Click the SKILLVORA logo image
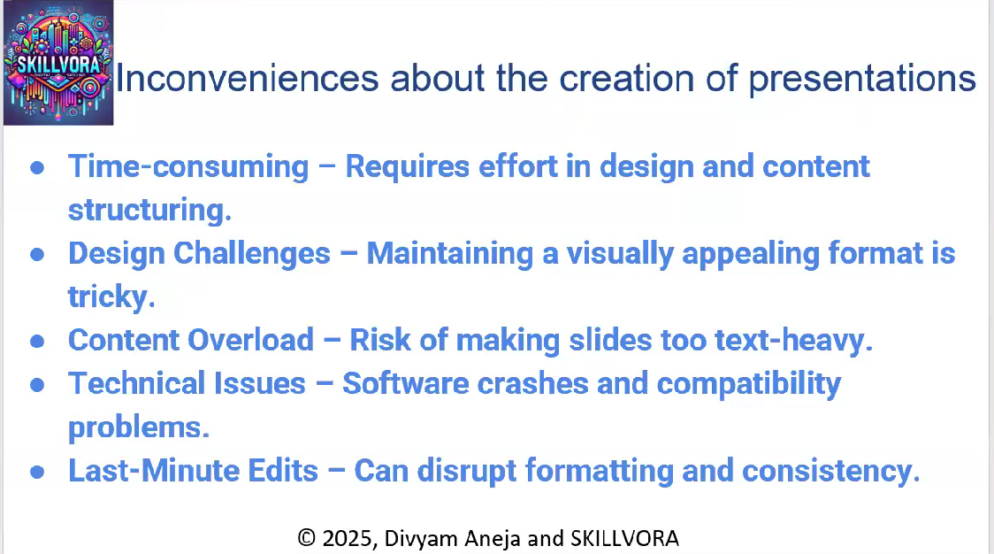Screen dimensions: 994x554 pos(58,62)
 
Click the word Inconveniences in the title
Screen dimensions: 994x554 pos(248,79)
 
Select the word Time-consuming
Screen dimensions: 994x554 pos(188,167)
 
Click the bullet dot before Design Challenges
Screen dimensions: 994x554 pos(37,254)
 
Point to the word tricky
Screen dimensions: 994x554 pos(111,297)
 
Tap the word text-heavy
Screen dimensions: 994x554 pos(794,341)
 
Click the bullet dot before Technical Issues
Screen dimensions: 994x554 pos(37,384)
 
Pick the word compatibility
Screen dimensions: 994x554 pos(749,385)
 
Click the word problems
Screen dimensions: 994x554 pos(139,427)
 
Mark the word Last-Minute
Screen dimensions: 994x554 pos(153,471)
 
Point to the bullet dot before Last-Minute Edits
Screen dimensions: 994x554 pos(37,471)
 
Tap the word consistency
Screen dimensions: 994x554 pos(831,472)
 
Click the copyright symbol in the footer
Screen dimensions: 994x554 pos(307,538)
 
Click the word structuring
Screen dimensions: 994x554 pos(150,210)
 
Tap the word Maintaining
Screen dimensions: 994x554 pos(450,254)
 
